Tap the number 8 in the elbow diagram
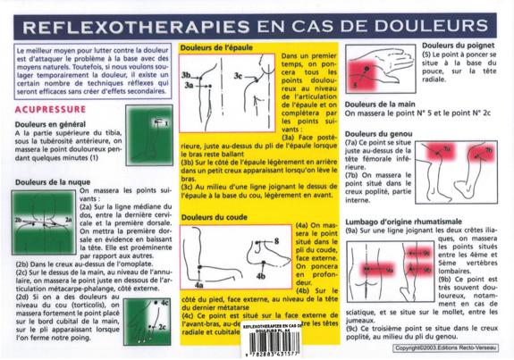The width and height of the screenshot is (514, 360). coord(276,241)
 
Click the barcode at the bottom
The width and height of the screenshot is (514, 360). coord(279,345)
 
